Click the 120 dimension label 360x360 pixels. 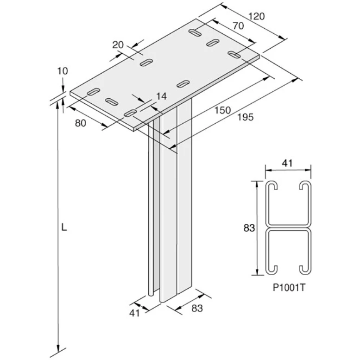tap(256, 17)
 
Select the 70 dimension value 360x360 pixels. tap(238, 26)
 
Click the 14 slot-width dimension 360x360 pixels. tap(161, 96)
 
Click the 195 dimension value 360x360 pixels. tap(245, 117)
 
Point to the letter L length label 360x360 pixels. tap(64, 227)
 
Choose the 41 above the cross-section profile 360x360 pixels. tap(287, 163)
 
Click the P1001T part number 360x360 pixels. tap(288, 286)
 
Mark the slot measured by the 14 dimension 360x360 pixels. tap(131, 112)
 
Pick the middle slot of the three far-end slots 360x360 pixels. tap(213, 43)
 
